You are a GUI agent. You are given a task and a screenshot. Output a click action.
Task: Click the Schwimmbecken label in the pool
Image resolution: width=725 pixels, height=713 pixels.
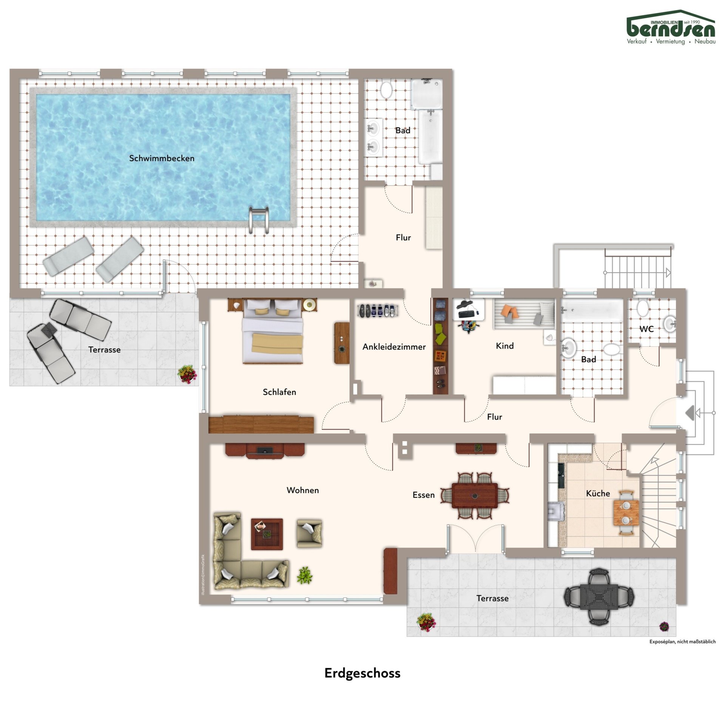(162, 158)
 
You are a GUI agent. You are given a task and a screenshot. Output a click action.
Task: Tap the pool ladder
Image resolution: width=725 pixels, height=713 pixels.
(259, 220)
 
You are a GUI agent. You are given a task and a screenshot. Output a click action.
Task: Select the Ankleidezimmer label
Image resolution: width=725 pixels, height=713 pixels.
(394, 347)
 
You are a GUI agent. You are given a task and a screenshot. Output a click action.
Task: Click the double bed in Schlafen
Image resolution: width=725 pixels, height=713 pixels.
(273, 332)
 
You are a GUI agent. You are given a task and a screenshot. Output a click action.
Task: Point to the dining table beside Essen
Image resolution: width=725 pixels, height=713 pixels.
(475, 495)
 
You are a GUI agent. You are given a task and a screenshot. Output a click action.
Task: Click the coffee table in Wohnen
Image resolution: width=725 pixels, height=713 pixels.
(267, 534)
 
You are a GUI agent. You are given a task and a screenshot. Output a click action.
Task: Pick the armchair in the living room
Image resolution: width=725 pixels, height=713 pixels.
(309, 533)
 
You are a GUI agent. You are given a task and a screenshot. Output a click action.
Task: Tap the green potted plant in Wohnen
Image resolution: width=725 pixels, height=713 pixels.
(304, 575)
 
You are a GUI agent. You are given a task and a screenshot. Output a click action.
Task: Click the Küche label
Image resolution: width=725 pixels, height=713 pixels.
(598, 493)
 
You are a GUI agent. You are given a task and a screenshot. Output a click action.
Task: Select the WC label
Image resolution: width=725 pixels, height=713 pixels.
(646, 329)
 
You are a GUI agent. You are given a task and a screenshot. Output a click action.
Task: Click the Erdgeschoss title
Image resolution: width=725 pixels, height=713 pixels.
(362, 673)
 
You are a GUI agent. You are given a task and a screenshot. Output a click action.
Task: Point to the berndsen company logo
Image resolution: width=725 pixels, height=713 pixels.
(671, 27)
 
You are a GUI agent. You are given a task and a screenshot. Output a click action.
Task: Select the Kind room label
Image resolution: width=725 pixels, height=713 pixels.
(504, 346)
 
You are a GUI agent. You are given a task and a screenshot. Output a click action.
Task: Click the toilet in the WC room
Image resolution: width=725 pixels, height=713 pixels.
(642, 308)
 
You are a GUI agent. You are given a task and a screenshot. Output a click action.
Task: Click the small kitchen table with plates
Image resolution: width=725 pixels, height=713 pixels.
(626, 512)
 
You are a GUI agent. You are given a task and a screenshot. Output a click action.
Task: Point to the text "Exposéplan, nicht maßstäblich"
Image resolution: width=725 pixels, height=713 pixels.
(682, 642)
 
